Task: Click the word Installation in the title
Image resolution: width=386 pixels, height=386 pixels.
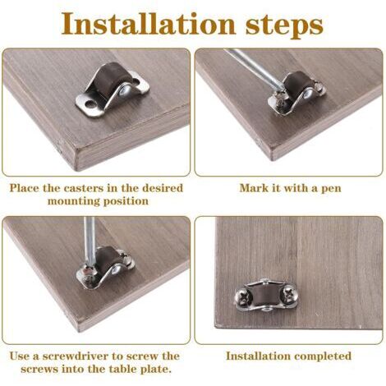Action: click(x=149, y=24)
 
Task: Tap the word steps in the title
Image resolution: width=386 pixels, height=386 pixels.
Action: click(x=284, y=26)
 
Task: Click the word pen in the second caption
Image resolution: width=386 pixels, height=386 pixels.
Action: click(x=331, y=189)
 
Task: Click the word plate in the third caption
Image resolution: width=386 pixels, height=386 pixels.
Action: click(x=158, y=370)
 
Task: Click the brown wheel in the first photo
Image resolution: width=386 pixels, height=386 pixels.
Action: click(x=105, y=81)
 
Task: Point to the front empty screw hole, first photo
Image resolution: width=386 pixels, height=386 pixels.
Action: click(x=89, y=103)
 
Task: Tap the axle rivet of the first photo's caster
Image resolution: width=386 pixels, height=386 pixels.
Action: click(x=126, y=89)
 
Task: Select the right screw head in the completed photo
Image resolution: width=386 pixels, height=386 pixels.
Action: click(x=290, y=294)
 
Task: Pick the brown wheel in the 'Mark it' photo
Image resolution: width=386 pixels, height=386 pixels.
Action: click(x=296, y=85)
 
